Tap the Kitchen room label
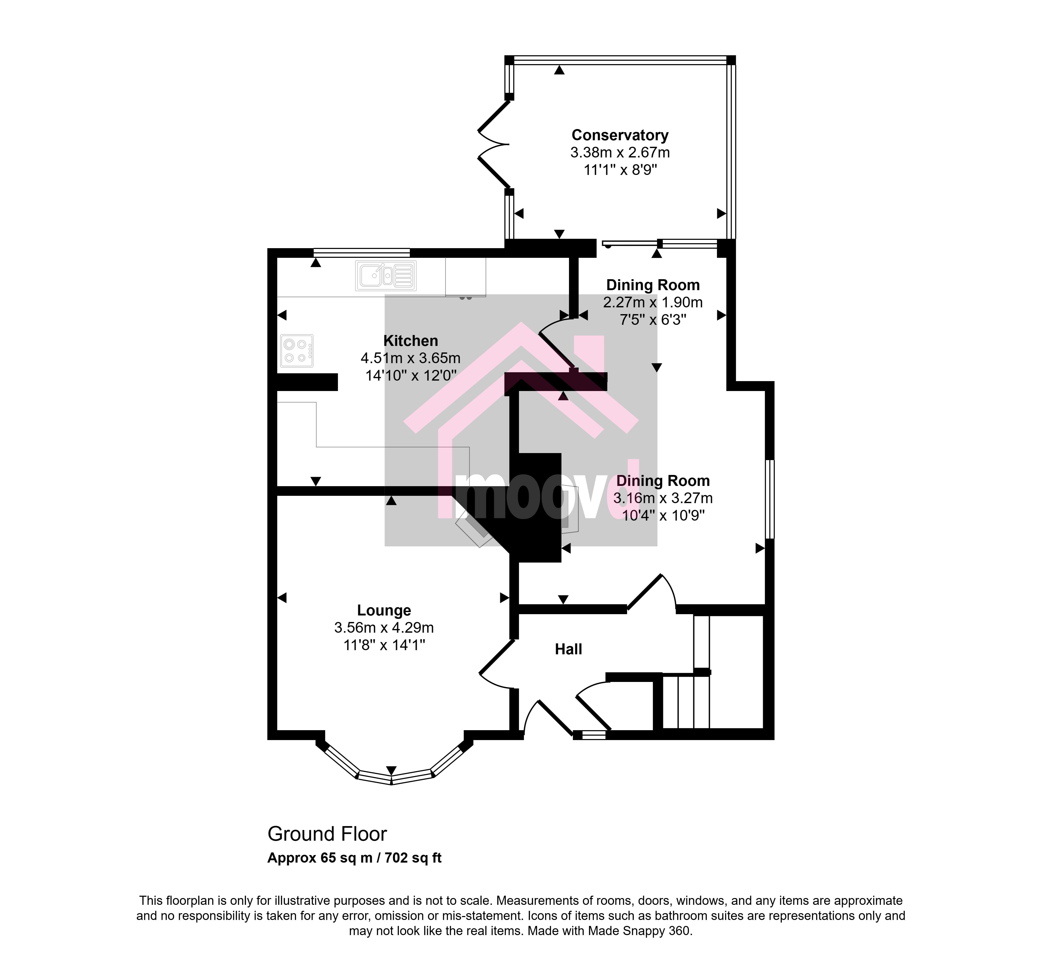pos(410,341)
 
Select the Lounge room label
pos(384,611)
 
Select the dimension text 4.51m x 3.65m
pos(410,358)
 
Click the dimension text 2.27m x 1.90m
pos(653,302)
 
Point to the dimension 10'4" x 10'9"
pos(663,516)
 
